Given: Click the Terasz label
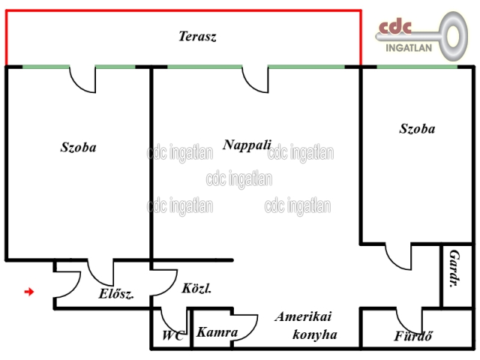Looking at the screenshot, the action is pos(197,36).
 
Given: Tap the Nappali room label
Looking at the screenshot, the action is pos(247,145).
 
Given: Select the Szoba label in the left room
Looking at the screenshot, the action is pos(78,147).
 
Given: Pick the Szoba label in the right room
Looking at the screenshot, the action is pos(417,128).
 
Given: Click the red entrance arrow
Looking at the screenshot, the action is pos(29,292).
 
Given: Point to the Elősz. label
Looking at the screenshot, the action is pos(116,294).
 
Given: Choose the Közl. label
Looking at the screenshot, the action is pos(196,288).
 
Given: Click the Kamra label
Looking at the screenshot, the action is pos(217,332).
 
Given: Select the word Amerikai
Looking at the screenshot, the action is pos(303,316).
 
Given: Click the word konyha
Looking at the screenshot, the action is pos(315,334).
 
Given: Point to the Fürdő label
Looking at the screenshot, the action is pos(413,336).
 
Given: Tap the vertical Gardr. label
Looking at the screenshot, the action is pos(454,268).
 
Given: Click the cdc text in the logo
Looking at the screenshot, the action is pos(395,27).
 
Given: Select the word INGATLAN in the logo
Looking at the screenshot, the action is pos(409,48).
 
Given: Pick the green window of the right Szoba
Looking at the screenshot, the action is pos(417,67).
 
